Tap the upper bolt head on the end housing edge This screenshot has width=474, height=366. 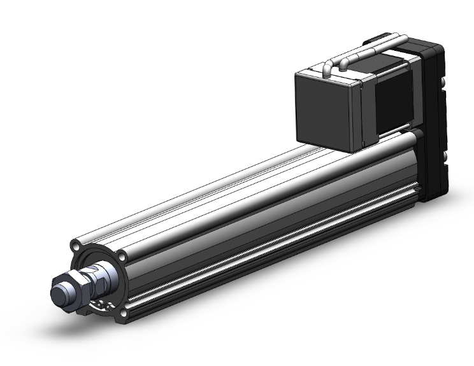pyautogui.click(x=440, y=82)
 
